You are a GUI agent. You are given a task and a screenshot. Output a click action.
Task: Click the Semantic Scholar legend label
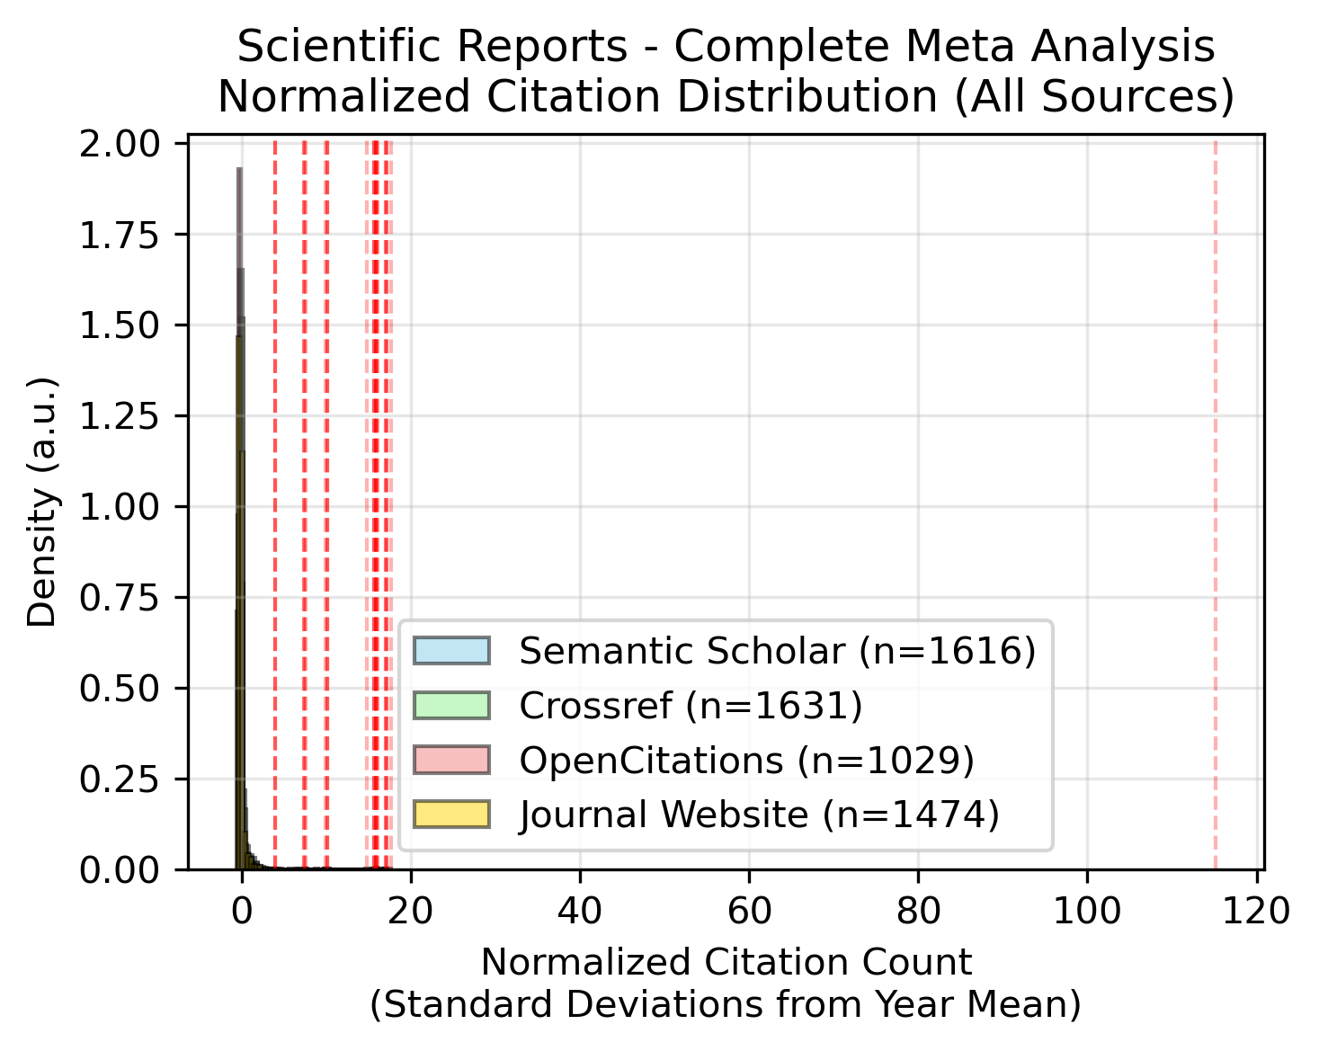coord(778,651)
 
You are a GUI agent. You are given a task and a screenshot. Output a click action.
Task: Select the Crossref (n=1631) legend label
coord(691,706)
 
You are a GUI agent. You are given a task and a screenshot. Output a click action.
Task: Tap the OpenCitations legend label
coord(746,761)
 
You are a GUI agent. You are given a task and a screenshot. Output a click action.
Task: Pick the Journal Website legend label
coord(759,815)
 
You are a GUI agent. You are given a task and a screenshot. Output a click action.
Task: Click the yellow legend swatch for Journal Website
coord(451,815)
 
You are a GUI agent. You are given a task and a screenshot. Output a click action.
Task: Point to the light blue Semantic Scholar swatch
coord(451,651)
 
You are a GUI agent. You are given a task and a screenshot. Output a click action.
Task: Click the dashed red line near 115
coord(1215,503)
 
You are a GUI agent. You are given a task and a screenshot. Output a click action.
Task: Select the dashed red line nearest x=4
coord(275,503)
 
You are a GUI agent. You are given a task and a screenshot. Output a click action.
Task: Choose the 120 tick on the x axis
coord(1257,912)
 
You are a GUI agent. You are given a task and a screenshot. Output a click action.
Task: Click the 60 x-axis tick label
coord(749,912)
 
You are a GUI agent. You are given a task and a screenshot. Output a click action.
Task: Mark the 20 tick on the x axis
coord(411,912)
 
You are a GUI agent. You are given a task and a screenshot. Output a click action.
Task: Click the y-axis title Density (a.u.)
coord(41,502)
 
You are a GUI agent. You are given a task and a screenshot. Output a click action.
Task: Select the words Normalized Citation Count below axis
coord(726,962)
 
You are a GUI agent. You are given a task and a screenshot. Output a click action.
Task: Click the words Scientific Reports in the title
coord(432,47)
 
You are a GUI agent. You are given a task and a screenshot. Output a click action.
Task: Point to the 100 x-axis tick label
coord(1087,912)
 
